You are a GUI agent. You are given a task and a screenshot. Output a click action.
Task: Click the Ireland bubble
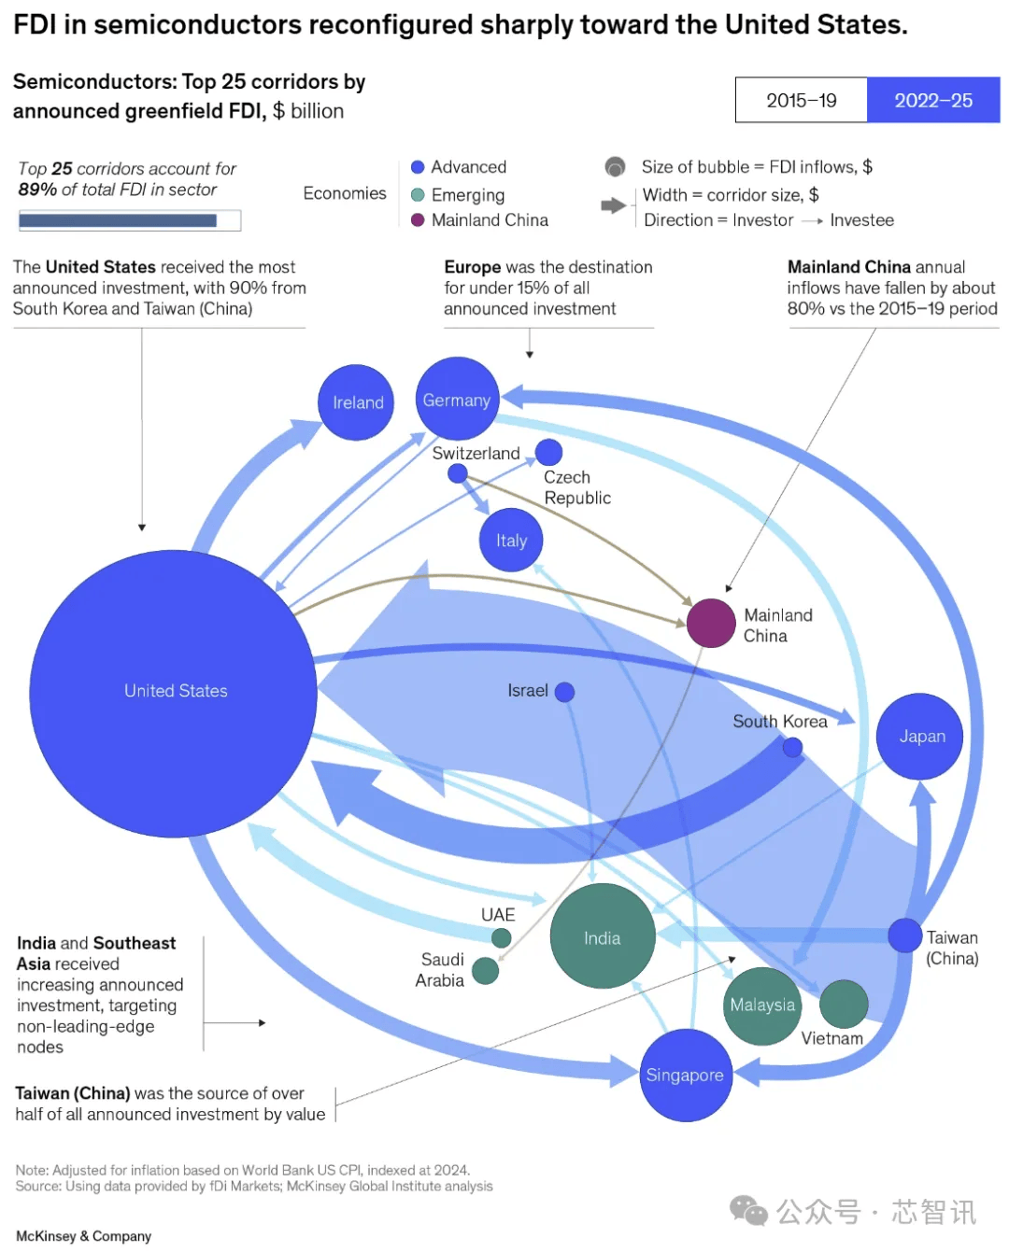tap(356, 402)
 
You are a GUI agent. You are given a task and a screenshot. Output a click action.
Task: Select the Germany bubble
tap(457, 399)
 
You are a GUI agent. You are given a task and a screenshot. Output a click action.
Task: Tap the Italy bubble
tap(511, 540)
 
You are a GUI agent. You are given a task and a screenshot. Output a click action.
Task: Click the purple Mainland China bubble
tap(711, 623)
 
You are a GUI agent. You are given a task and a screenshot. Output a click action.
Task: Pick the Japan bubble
tap(919, 736)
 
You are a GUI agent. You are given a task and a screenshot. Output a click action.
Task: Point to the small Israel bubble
tap(564, 692)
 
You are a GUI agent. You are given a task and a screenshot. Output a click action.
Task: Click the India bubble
tap(603, 935)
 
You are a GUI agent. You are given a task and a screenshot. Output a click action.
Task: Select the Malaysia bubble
tap(762, 1005)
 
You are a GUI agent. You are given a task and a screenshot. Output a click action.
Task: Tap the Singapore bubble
tap(686, 1075)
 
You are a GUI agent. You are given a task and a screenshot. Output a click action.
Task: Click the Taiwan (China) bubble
tap(904, 935)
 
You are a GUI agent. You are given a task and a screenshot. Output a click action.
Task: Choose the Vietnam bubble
tap(844, 1004)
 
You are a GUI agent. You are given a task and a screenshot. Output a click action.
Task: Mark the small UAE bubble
tap(502, 938)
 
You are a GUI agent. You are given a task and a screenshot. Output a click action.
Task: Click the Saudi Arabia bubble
tap(485, 971)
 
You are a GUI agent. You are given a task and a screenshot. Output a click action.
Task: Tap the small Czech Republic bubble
tap(548, 452)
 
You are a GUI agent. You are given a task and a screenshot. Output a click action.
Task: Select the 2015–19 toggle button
tap(802, 100)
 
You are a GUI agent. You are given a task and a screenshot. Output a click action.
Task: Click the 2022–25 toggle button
tap(933, 100)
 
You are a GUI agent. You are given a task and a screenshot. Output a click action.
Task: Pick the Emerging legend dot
tap(418, 194)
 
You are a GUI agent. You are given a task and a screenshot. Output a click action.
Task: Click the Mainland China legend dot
tap(418, 220)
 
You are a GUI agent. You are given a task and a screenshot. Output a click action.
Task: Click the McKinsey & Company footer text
tap(83, 1236)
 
